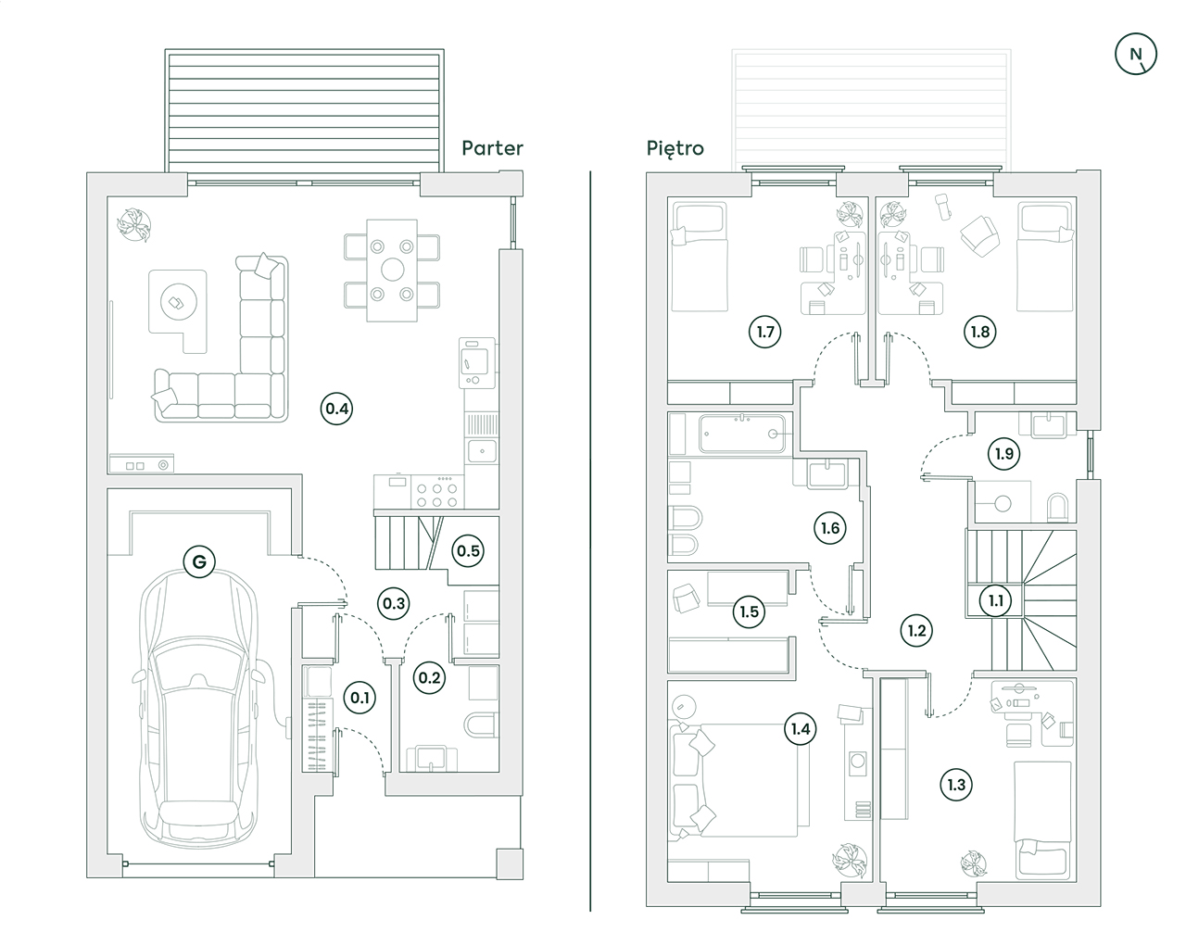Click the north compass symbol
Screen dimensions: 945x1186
(1136, 54)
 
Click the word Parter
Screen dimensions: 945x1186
(492, 148)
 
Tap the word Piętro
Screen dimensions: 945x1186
(675, 148)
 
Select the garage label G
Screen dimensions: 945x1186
(198, 561)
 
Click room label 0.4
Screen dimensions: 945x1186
(336, 409)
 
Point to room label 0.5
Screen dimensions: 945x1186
(468, 551)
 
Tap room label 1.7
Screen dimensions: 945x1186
(764, 331)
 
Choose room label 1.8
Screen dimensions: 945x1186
(979, 331)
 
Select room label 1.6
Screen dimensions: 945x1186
(830, 528)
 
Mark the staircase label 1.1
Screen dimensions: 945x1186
(995, 600)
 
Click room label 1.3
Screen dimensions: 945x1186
(956, 785)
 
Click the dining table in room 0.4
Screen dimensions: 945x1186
(393, 270)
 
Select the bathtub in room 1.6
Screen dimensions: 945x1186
(745, 434)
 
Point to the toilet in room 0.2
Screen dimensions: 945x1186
(483, 724)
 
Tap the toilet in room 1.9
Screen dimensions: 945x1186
(1058, 507)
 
